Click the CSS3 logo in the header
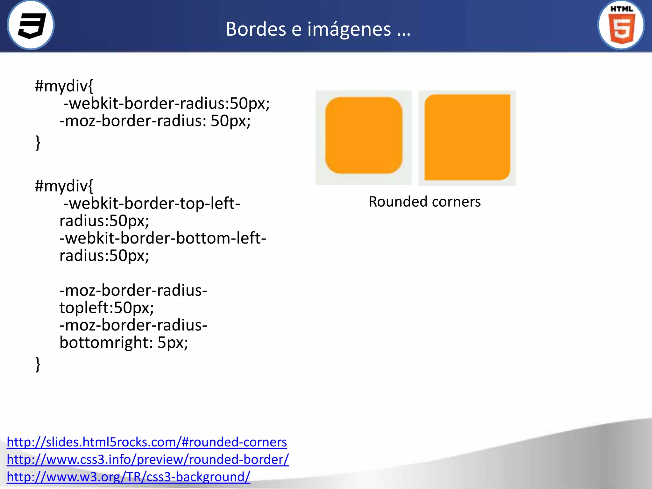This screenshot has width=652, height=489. [x=31, y=25]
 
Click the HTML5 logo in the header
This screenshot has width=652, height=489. [x=621, y=25]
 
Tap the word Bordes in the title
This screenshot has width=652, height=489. [x=256, y=29]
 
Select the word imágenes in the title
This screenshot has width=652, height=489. [x=349, y=29]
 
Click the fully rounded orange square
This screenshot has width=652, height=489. [x=364, y=135]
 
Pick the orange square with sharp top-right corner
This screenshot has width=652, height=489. [x=467, y=137]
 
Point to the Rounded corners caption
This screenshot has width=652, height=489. [x=425, y=202]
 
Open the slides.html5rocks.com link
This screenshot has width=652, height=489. [x=147, y=442]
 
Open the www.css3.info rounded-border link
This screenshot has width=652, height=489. [x=148, y=459]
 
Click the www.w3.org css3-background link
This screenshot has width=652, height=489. [x=129, y=477]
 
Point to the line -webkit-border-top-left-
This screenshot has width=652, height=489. [x=152, y=203]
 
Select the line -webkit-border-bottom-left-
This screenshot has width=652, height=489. [x=163, y=238]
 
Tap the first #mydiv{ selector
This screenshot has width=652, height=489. [x=64, y=86]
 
